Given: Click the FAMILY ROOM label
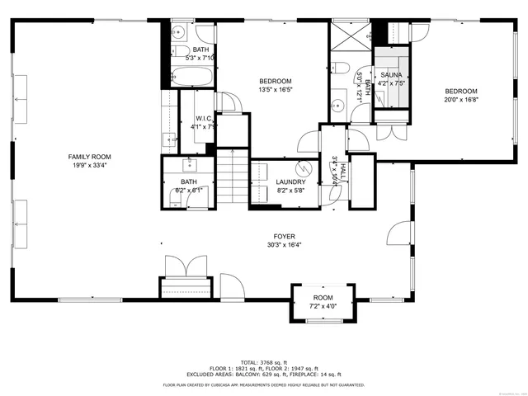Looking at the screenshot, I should [90, 156].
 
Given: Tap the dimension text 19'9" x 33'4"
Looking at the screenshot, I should [90, 165].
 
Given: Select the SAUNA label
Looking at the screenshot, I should [390, 74].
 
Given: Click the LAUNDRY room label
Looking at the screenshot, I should [291, 182].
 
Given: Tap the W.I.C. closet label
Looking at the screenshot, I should [204, 118].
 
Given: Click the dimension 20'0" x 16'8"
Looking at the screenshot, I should [460, 101].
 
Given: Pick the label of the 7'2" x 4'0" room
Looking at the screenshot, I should [323, 298].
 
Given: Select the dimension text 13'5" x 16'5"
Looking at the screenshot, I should [276, 90].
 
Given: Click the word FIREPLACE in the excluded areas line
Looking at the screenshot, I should [318, 374].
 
